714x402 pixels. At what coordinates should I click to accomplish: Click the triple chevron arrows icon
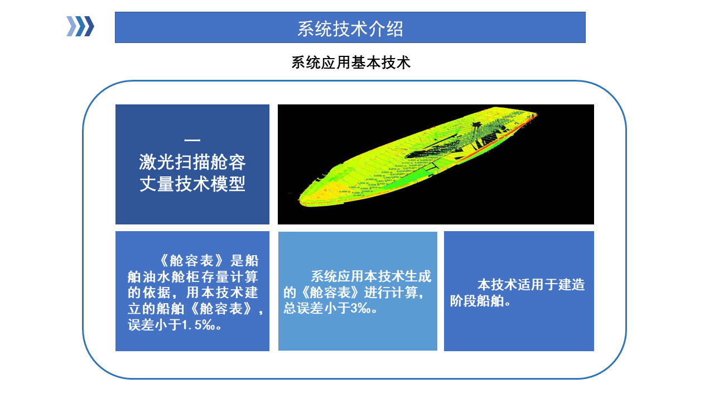[x=80, y=26]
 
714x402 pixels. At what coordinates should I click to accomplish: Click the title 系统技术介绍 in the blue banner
[x=350, y=28]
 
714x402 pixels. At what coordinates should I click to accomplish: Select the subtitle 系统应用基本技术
[x=351, y=63]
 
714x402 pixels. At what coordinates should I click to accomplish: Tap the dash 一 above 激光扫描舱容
[x=192, y=140]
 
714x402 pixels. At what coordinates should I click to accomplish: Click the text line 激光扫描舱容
[x=192, y=162]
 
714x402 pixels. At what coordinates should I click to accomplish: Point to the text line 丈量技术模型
[x=192, y=184]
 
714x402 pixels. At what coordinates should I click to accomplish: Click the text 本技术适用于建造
[x=531, y=285]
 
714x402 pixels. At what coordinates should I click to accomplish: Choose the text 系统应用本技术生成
[x=371, y=276]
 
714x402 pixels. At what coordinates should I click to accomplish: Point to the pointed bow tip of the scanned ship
[x=537, y=113]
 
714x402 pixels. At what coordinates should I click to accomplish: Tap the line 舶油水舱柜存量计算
[x=192, y=276]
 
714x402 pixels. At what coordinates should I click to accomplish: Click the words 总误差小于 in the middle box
[x=317, y=308]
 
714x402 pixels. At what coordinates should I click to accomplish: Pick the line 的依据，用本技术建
[x=192, y=293]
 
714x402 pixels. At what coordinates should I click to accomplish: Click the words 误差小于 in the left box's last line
[x=155, y=325]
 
